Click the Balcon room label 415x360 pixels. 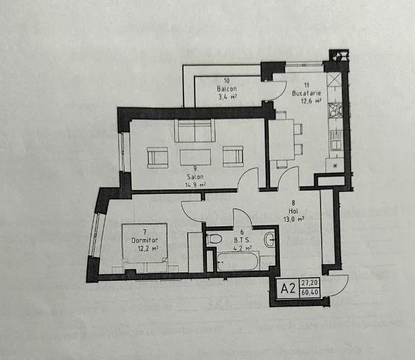(227, 88)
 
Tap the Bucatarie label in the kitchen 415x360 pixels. (306, 93)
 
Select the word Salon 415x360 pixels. (195, 177)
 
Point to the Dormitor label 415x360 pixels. (144, 240)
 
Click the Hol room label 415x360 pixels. (293, 211)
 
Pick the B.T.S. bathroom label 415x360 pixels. (242, 240)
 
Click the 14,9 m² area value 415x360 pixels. (195, 185)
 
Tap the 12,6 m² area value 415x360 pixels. (311, 101)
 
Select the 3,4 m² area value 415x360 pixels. (227, 97)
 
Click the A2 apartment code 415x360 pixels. (288, 288)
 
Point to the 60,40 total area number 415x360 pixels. (309, 293)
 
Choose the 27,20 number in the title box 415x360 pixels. (309, 283)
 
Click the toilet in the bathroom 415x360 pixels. (214, 239)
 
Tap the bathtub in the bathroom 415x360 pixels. (238, 261)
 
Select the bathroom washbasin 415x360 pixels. (270, 239)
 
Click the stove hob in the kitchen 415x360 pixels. (335, 110)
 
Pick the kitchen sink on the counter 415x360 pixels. (336, 140)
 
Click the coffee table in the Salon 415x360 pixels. (195, 157)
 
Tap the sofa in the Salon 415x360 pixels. (195, 131)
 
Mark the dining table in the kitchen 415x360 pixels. (281, 140)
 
